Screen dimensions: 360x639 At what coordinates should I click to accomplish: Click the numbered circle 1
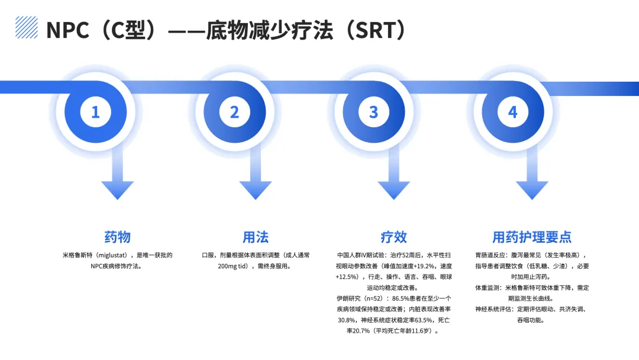[x=96, y=112]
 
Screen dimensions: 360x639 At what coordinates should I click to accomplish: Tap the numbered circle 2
[x=234, y=112]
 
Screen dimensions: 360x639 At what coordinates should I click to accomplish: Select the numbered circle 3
[x=373, y=112]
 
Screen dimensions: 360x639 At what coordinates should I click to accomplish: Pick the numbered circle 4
[x=512, y=112]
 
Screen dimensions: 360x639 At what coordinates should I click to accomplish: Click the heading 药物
[x=117, y=237]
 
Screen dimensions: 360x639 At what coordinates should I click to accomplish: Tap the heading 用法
[x=256, y=237]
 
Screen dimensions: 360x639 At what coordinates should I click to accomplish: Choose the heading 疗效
[x=393, y=237]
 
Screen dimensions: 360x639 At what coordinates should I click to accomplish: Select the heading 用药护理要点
[x=532, y=237]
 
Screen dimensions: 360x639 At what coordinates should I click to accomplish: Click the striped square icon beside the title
[x=26, y=27]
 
